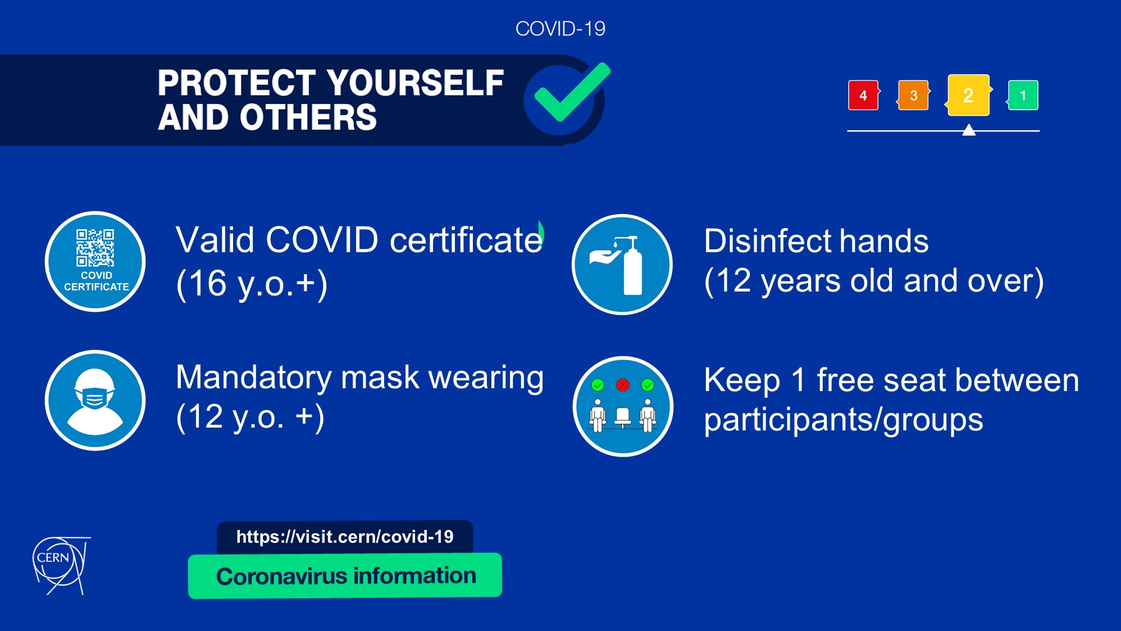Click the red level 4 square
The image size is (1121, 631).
[863, 95]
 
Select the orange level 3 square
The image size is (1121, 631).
[913, 95]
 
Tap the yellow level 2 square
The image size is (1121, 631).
[968, 95]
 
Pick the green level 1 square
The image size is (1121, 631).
[1023, 95]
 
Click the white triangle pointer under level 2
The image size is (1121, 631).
[969, 130]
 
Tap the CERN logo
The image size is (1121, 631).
[61, 565]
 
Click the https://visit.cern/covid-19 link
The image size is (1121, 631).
[345, 537]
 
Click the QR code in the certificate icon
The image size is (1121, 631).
[95, 247]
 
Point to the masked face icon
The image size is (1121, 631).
[95, 400]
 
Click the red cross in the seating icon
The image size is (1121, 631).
[622, 385]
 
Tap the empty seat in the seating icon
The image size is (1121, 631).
[622, 417]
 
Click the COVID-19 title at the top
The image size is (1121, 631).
[560, 29]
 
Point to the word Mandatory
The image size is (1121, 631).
[254, 378]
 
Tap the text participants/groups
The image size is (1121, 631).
[844, 420]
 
